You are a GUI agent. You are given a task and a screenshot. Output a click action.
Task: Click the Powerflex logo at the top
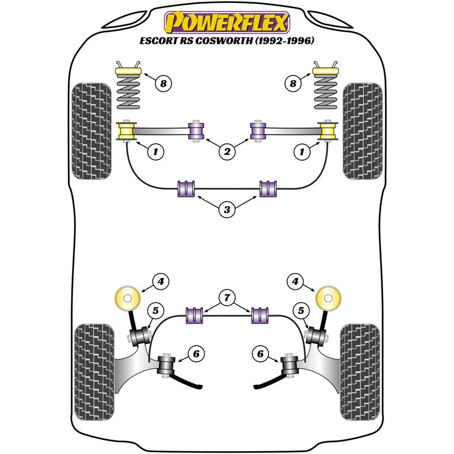227,23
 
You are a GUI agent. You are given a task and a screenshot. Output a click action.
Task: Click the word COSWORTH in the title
224,40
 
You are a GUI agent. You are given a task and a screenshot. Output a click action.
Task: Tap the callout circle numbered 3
227,209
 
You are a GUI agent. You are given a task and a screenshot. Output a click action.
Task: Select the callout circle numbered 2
227,151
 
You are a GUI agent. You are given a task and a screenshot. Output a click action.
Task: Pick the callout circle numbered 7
227,297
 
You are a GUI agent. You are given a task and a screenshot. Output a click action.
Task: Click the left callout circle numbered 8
163,83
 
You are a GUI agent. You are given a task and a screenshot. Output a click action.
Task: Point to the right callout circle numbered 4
295,281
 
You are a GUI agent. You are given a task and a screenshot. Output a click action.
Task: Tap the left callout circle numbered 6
196,354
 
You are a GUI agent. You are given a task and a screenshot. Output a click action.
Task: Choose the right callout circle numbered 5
301,310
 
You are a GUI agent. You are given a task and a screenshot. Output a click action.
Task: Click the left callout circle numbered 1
155,151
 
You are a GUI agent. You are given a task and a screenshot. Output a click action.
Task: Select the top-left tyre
91,131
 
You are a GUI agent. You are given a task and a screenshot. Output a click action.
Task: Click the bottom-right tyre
360,372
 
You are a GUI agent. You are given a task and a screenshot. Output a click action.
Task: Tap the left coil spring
128,93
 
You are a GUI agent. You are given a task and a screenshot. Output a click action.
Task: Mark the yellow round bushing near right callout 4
328,299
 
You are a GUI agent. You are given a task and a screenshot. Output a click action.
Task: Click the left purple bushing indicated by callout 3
186,188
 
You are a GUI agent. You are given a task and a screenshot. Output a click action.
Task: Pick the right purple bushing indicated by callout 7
260,316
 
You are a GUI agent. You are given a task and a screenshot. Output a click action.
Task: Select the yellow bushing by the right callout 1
327,131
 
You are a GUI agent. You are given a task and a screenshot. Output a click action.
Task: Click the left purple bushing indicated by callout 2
196,131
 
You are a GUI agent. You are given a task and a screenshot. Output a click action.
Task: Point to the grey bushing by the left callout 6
166,365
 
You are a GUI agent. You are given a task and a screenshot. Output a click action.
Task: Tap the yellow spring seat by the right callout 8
326,71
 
